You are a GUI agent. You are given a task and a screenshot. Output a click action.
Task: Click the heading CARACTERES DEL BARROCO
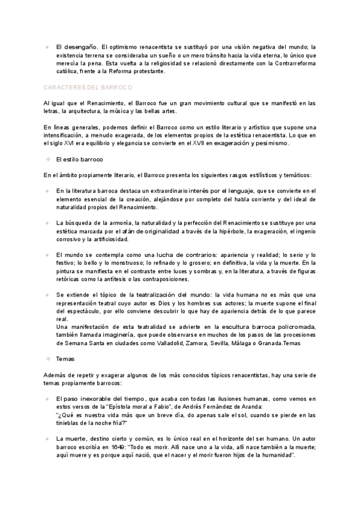click(88, 87)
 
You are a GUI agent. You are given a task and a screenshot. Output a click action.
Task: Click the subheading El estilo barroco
click(79, 160)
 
